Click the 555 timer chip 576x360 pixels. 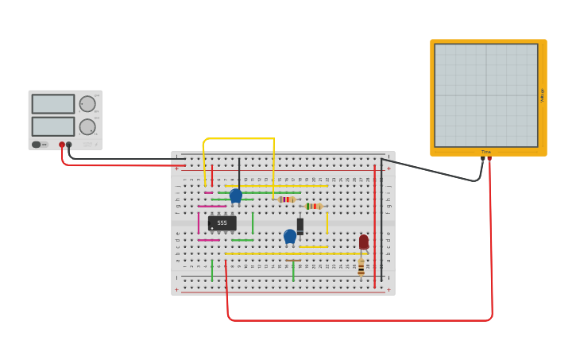point(222,223)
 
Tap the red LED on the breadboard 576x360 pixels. point(364,242)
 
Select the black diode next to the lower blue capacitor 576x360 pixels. point(300,226)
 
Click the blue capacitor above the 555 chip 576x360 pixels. point(236,195)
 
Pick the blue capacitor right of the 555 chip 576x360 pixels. point(290,236)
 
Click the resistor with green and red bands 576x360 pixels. point(314,207)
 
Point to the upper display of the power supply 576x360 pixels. point(53,104)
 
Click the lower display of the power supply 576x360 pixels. point(53,126)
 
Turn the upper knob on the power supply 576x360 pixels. point(87,104)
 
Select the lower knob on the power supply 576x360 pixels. point(87,127)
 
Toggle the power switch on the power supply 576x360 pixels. point(37,145)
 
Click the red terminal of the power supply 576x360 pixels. point(62,145)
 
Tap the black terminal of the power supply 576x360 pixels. point(69,145)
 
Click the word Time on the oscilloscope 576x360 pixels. point(486,152)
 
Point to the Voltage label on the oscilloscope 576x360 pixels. point(543,95)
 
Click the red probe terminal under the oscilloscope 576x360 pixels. point(489,159)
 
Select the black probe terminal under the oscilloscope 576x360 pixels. point(482,159)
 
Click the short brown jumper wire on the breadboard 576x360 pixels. point(293,260)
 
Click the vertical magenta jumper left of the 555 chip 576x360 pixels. point(199,223)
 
